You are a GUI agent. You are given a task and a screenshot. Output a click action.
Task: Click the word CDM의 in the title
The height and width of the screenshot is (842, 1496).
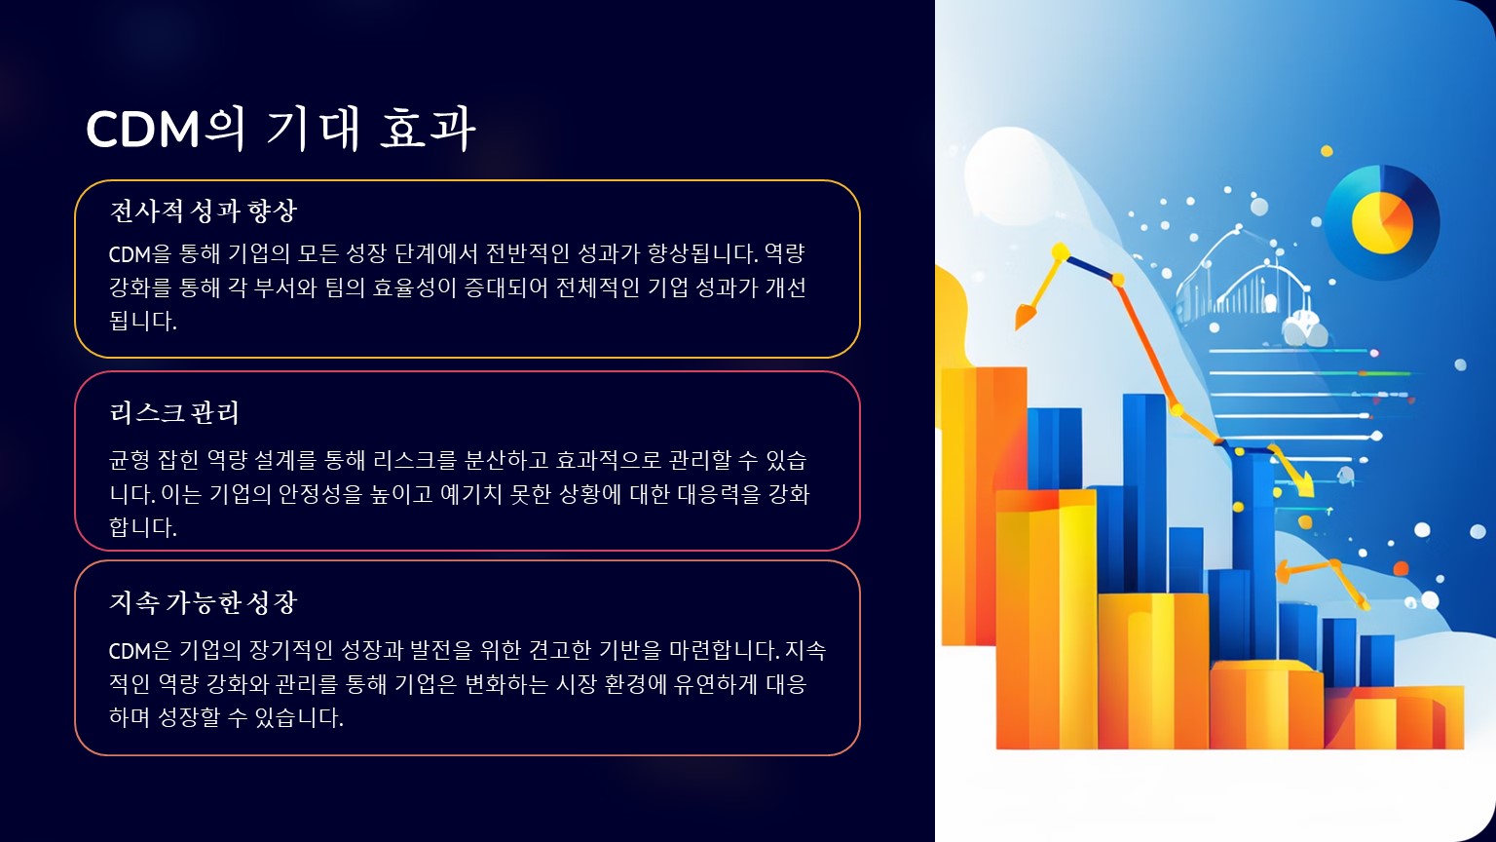(165, 129)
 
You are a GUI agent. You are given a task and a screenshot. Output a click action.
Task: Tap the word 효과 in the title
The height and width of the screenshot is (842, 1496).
(428, 129)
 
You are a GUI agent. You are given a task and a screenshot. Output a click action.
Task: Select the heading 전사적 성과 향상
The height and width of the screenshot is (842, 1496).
(203, 211)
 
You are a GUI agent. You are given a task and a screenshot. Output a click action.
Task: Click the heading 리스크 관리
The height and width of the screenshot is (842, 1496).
(174, 412)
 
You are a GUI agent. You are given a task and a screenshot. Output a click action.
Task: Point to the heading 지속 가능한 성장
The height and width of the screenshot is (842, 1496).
(203, 602)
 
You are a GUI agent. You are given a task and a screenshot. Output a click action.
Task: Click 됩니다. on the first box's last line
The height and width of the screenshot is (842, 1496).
(143, 321)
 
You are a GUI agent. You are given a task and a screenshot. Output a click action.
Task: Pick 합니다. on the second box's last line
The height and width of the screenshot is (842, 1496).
(143, 527)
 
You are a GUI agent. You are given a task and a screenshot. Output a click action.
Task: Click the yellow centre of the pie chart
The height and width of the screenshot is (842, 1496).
(1382, 222)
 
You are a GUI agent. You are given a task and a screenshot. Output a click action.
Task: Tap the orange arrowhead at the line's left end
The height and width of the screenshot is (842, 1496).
(1025, 316)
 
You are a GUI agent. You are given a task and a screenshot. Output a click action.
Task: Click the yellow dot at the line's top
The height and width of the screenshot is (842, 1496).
(1060, 251)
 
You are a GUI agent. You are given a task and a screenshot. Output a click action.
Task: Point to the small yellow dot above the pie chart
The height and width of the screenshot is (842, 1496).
(1328, 151)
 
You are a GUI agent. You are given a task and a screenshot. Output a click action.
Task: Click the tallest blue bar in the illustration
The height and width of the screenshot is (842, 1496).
(1144, 493)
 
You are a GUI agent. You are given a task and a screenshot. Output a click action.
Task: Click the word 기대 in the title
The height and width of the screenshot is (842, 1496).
(313, 129)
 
